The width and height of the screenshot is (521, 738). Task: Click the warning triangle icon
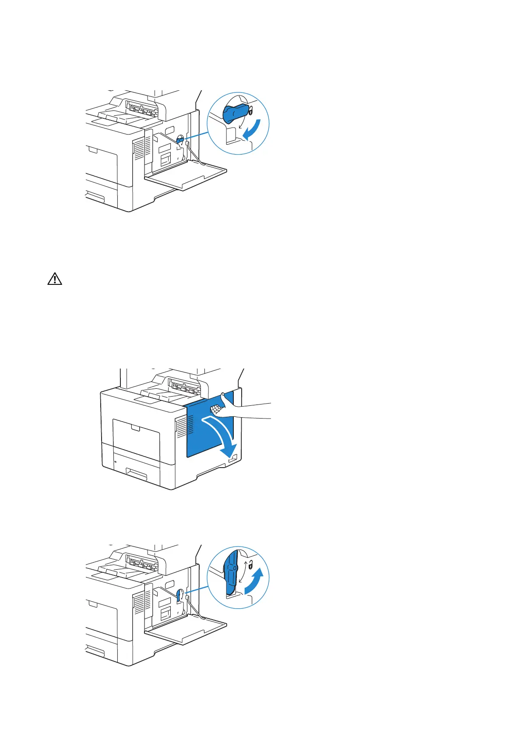tap(54, 279)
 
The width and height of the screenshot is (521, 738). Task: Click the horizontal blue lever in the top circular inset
tap(236, 114)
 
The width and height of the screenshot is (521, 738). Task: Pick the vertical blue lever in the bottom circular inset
tap(231, 570)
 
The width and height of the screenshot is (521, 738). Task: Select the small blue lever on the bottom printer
tap(180, 595)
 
